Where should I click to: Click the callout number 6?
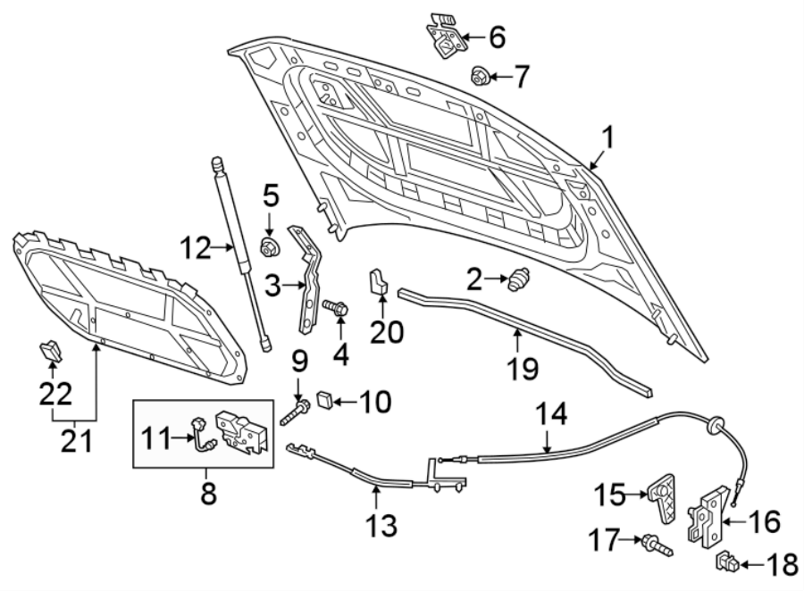pyautogui.click(x=496, y=37)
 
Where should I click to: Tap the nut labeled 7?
pyautogui.click(x=478, y=78)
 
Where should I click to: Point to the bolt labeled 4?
pyautogui.click(x=337, y=309)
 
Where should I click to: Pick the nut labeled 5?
pyautogui.click(x=267, y=247)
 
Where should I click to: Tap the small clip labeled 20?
pyautogui.click(x=377, y=281)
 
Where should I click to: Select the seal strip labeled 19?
pyautogui.click(x=527, y=339)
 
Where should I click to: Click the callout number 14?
pyautogui.click(x=551, y=415)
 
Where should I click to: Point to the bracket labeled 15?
pyautogui.click(x=662, y=497)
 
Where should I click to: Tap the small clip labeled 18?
pyautogui.click(x=727, y=563)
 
